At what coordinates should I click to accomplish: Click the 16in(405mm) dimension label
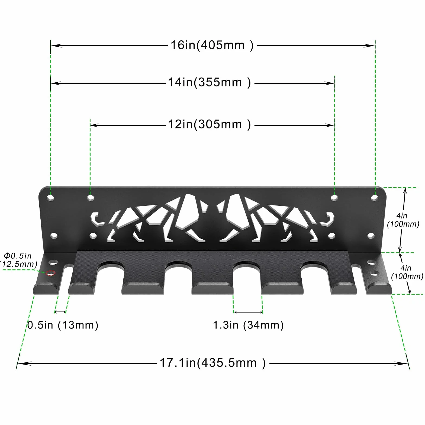coord(212,45)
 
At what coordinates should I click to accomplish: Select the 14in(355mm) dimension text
coord(209,82)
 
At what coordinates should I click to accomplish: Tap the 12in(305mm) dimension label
coord(209,124)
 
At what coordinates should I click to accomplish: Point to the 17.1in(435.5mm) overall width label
coord(212,363)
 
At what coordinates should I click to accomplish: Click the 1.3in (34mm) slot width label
coord(248,325)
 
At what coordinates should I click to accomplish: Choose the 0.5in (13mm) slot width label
coord(63,325)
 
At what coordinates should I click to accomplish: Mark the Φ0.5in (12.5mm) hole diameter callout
coord(18,260)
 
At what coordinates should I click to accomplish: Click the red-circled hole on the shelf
coord(50,273)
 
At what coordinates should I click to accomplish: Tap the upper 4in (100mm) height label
coord(403,220)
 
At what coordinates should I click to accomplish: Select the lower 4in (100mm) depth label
coord(407,272)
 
